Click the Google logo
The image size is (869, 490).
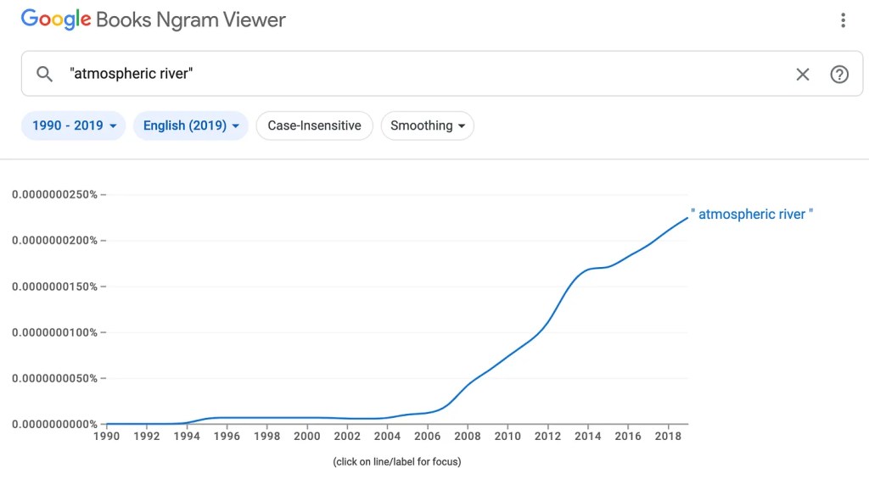point(56,19)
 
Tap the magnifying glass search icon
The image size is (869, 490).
point(45,74)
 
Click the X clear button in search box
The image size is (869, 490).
point(802,75)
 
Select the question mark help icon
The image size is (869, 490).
point(839,75)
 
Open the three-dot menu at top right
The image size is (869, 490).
point(843,20)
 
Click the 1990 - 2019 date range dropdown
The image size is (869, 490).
point(74,125)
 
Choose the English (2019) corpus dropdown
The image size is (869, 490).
point(191,125)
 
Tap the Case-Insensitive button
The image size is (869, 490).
point(314,125)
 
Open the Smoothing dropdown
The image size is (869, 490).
point(428,125)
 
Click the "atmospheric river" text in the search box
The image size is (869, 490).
point(132,74)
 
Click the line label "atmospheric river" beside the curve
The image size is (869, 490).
point(752,214)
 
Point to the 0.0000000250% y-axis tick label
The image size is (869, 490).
point(55,195)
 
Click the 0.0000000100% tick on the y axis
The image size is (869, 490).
point(55,332)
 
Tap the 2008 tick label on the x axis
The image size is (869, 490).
point(468,437)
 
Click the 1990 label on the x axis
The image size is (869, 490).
point(106,437)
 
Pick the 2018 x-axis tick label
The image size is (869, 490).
point(669,437)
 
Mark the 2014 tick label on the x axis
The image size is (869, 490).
point(588,437)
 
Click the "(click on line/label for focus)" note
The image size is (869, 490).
point(397,462)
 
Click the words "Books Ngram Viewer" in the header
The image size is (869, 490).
point(191,19)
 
